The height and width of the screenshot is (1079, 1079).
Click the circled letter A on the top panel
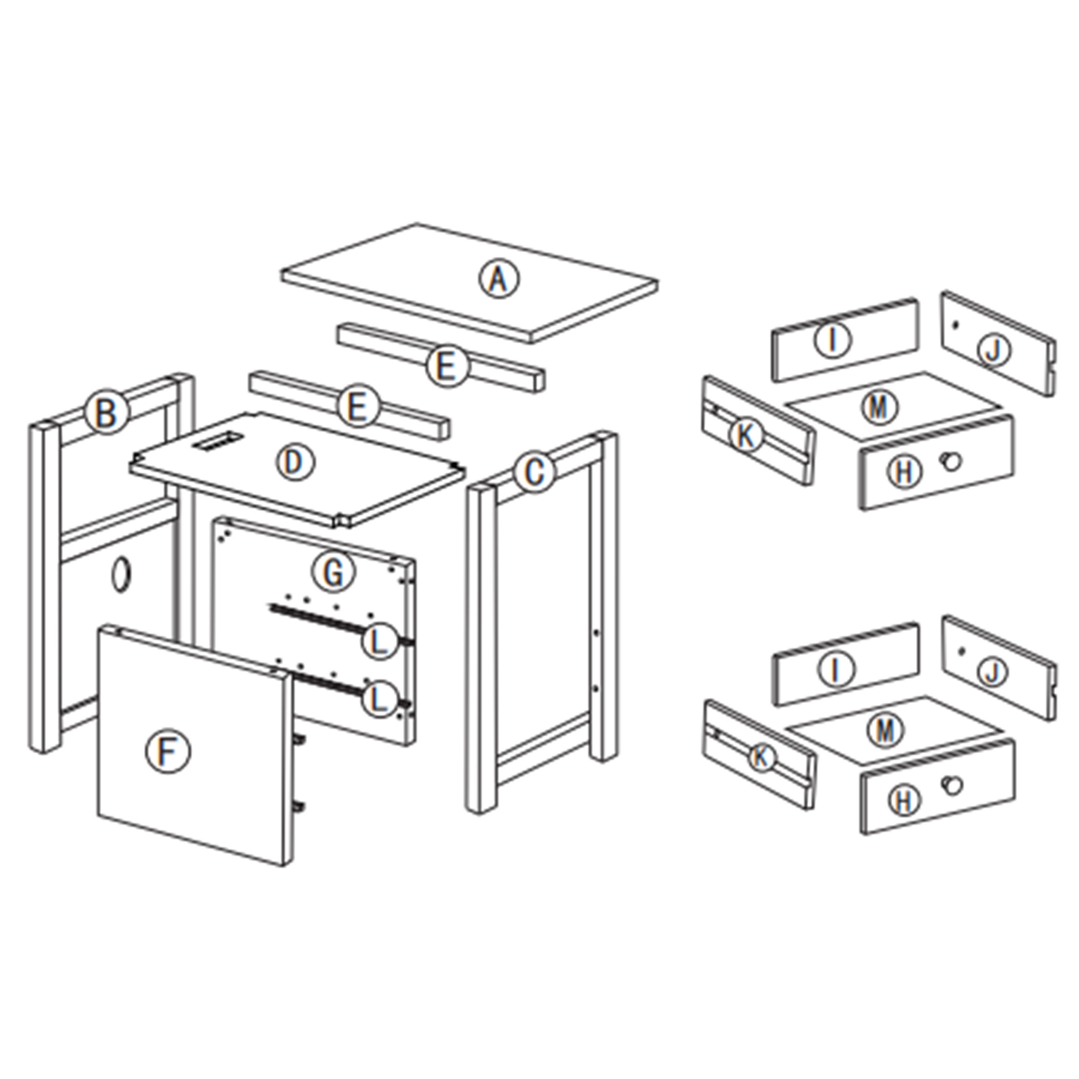click(499, 279)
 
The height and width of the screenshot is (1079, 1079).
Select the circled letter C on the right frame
click(535, 472)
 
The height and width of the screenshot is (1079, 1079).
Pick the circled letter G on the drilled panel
click(334, 572)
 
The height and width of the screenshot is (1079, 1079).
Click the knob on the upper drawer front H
click(950, 461)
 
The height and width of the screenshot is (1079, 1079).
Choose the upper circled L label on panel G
click(379, 642)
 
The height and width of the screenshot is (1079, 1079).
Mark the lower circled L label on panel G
click(379, 700)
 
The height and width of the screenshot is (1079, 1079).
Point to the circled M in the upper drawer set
click(879, 406)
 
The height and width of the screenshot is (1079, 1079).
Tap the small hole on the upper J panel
click(956, 324)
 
